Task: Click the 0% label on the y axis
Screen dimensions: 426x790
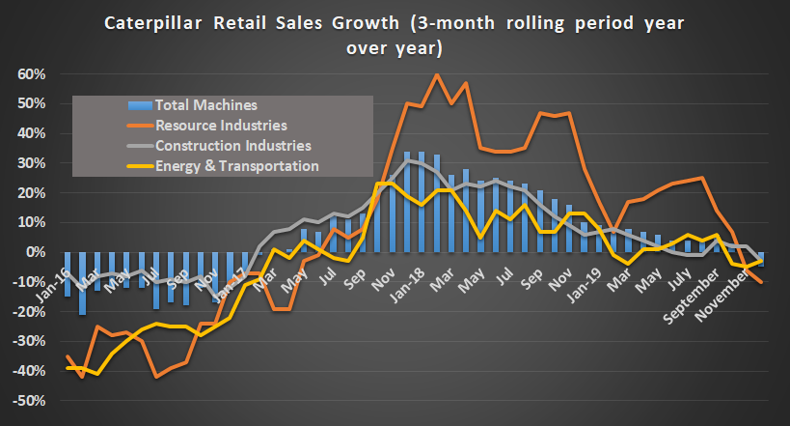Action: pyautogui.click(x=37, y=252)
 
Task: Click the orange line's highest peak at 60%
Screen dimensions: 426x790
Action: pyautogui.click(x=437, y=74)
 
